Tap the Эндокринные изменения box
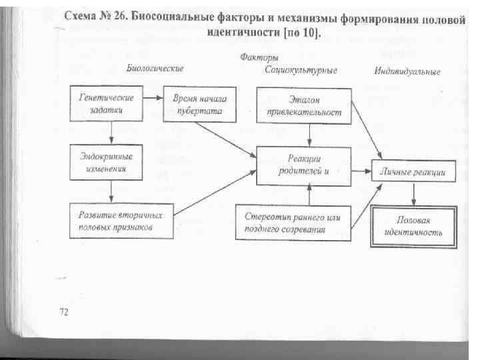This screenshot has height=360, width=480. point(111,163)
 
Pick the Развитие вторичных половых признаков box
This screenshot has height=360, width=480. point(121,221)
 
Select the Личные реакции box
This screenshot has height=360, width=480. point(413,171)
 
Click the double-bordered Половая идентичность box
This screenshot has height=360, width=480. point(413,227)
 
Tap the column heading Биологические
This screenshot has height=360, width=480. point(155,69)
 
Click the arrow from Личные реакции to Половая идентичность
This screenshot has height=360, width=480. point(414,194)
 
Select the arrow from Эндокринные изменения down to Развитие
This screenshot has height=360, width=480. point(111,191)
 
